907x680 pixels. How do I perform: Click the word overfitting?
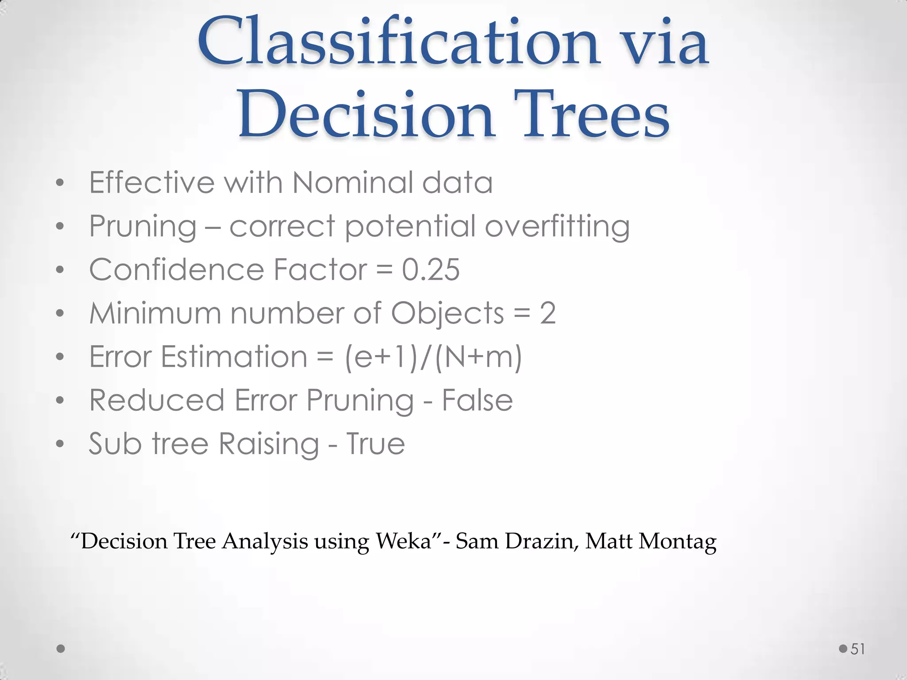557,227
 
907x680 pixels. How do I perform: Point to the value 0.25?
430,270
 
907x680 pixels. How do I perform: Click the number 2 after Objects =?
547,313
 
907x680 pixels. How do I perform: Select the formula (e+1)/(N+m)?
433,357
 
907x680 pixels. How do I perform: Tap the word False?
477,400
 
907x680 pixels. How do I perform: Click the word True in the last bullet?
375,444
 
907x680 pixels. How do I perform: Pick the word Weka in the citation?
403,541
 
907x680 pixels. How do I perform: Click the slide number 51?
858,649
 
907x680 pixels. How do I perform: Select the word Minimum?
155,313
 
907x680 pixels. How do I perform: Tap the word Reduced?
156,400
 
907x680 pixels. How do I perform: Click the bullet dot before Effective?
60,183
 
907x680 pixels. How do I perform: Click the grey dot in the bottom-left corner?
61,649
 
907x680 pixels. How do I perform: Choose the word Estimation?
233,357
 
